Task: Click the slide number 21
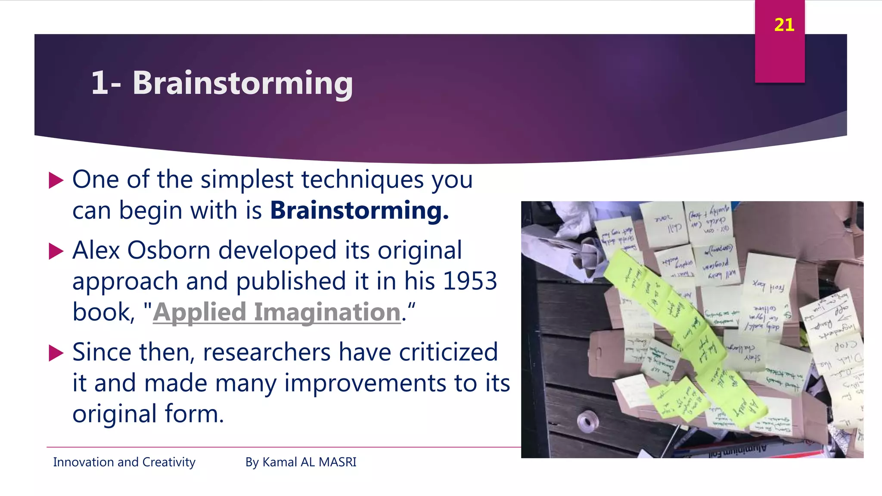[x=784, y=25]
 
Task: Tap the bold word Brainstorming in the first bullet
[x=359, y=211]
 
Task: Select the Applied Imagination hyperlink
[x=277, y=312]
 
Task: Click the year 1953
[x=470, y=281]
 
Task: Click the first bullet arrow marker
[x=56, y=180]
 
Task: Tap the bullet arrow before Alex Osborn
[x=56, y=251]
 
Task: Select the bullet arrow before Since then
[x=56, y=353]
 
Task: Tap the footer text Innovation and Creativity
[x=124, y=462]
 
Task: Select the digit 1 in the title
[x=99, y=83]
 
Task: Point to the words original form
[x=148, y=414]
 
